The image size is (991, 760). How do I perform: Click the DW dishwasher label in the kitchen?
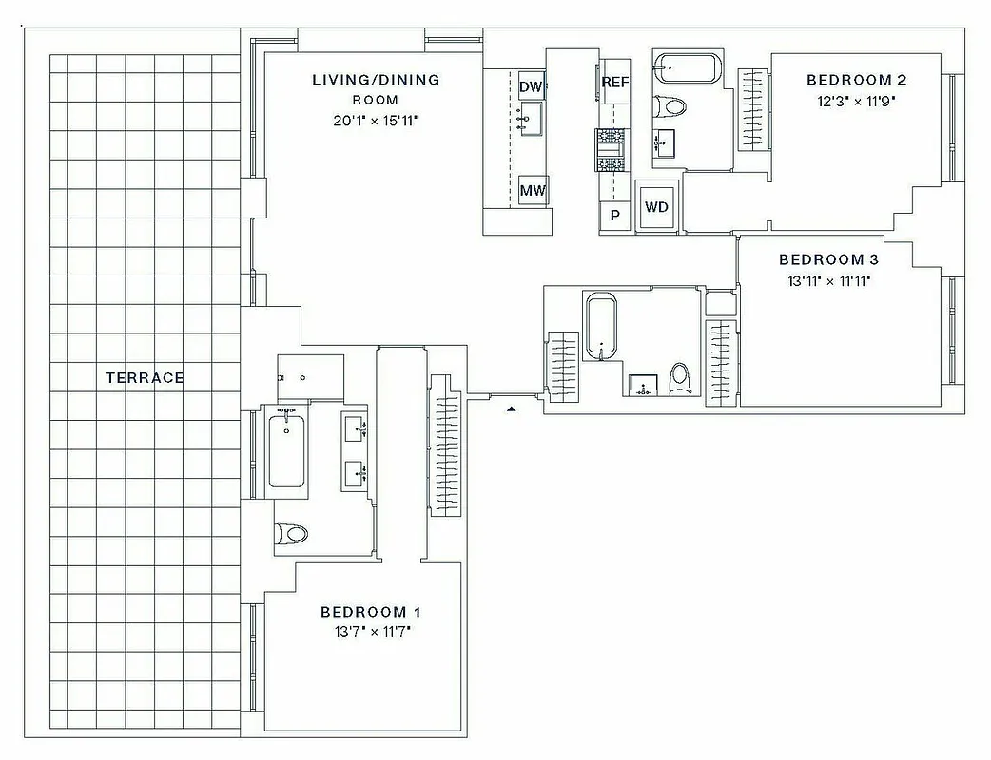tap(531, 87)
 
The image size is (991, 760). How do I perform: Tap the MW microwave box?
tap(533, 191)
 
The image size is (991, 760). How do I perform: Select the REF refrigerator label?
tap(615, 83)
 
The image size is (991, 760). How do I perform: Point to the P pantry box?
tap(615, 216)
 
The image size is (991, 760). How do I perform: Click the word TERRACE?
tap(145, 377)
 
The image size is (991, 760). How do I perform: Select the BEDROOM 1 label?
tap(370, 612)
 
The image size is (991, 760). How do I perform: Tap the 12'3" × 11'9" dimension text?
tap(853, 100)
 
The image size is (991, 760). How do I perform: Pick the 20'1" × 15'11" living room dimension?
tap(376, 121)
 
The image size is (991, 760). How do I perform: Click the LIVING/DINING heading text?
tap(376, 80)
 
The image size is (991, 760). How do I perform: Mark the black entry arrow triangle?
tap(512, 408)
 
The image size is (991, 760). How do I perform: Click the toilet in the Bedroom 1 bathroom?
tap(293, 533)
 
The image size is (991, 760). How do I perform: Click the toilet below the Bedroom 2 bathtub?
tap(670, 106)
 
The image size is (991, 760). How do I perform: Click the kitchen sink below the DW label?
tap(531, 119)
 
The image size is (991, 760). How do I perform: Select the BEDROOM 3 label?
tap(822, 259)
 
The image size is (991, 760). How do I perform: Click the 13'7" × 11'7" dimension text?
tap(370, 631)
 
